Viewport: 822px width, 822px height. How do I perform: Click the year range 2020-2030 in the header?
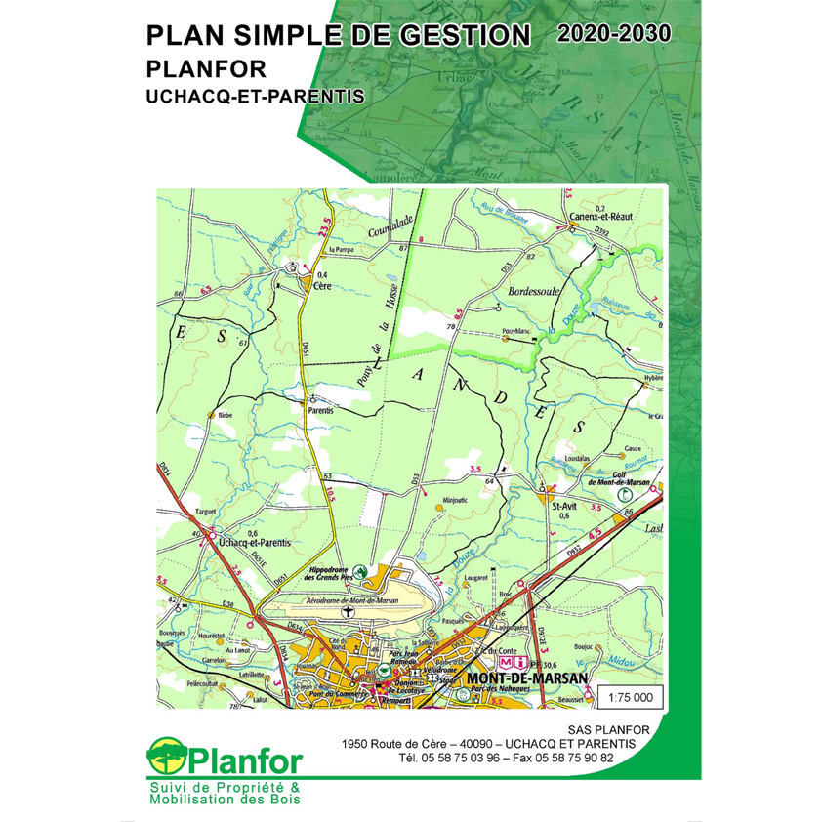point(615,32)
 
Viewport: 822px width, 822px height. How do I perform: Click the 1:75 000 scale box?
point(635,698)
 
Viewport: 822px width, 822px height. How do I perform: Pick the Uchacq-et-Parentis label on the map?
point(255,541)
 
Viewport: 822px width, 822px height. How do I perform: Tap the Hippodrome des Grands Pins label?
point(314,574)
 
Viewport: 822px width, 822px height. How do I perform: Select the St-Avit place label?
point(565,506)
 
